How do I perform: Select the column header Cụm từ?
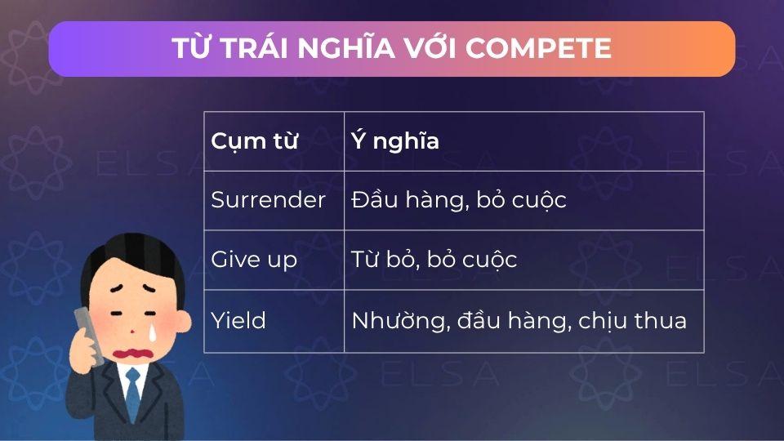click(x=254, y=141)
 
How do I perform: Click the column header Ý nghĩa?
click(x=395, y=141)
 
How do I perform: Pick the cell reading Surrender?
click(x=268, y=200)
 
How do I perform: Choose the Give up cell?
click(x=253, y=260)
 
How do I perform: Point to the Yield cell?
click(x=238, y=320)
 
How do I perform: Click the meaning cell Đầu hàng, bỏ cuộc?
click(x=458, y=200)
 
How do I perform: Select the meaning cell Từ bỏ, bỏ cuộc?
click(x=434, y=260)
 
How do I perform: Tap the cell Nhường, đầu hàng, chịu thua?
click(x=519, y=320)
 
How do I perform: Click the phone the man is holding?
click(x=87, y=334)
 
